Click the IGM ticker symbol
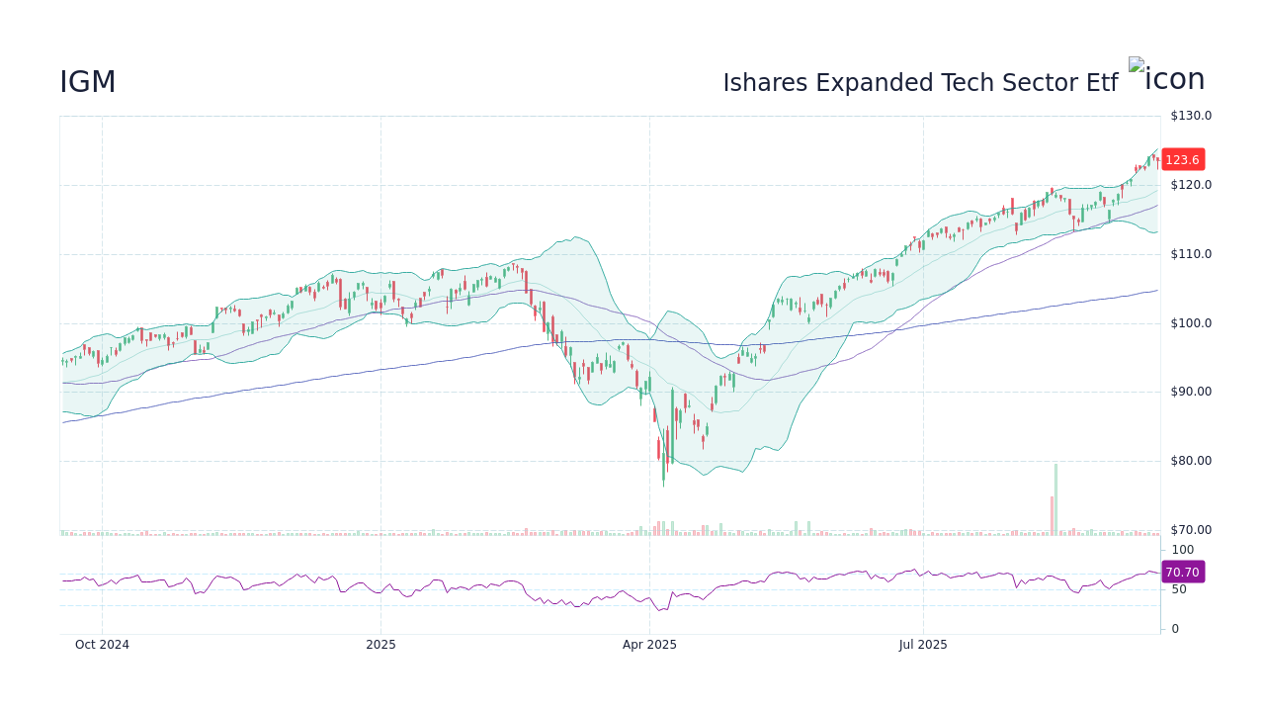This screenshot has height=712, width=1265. (x=88, y=83)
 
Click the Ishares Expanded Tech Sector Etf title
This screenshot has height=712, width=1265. (x=919, y=83)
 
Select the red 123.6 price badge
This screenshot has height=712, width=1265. (x=1182, y=160)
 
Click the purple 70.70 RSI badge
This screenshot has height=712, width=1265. (x=1182, y=573)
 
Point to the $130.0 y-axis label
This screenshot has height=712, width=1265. (x=1191, y=116)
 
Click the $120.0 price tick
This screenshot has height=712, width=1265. (x=1191, y=185)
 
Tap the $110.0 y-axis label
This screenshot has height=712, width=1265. (x=1191, y=254)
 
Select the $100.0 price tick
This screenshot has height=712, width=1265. (x=1191, y=323)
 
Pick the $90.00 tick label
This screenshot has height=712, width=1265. (x=1191, y=392)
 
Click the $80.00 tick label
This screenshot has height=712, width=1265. (x=1191, y=461)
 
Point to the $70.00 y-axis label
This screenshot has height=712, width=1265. (x=1191, y=530)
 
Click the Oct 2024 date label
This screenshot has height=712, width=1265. (x=102, y=645)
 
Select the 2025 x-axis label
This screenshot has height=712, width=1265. (x=380, y=645)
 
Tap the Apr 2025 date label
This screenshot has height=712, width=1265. (x=649, y=645)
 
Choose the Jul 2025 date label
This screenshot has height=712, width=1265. (x=923, y=645)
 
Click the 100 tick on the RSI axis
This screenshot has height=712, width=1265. (x=1183, y=550)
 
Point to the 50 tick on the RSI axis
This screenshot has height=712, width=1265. (x=1180, y=589)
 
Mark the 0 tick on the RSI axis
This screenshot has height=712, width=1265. (x=1175, y=629)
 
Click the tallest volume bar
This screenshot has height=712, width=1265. (x=1055, y=499)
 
